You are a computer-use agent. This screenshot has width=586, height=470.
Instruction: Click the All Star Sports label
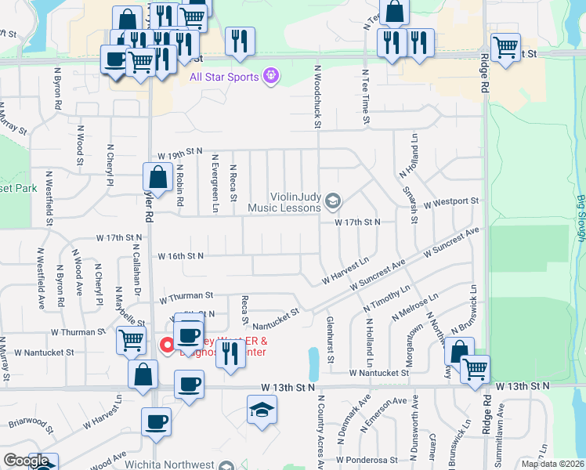click(226, 76)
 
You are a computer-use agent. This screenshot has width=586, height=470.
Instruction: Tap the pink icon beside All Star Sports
click(272, 76)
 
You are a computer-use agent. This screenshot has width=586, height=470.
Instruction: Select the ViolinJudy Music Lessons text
click(284, 202)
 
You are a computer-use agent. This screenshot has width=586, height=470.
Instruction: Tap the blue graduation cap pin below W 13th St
click(262, 410)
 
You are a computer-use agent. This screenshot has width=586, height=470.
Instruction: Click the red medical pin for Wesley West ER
click(167, 345)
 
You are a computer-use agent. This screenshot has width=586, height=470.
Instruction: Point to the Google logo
click(25, 461)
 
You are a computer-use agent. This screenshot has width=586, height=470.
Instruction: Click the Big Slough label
click(581, 225)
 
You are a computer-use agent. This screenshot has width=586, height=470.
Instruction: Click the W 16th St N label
click(181, 256)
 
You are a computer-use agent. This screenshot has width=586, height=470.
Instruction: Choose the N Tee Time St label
click(365, 96)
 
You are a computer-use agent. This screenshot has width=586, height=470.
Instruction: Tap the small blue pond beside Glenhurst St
click(314, 362)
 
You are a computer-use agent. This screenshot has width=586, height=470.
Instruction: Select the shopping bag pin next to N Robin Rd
click(157, 178)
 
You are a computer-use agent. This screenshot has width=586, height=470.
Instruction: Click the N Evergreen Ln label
click(215, 184)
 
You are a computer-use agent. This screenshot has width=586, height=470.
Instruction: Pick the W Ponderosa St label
click(364, 460)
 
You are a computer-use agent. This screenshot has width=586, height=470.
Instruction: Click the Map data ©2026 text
click(552, 464)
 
